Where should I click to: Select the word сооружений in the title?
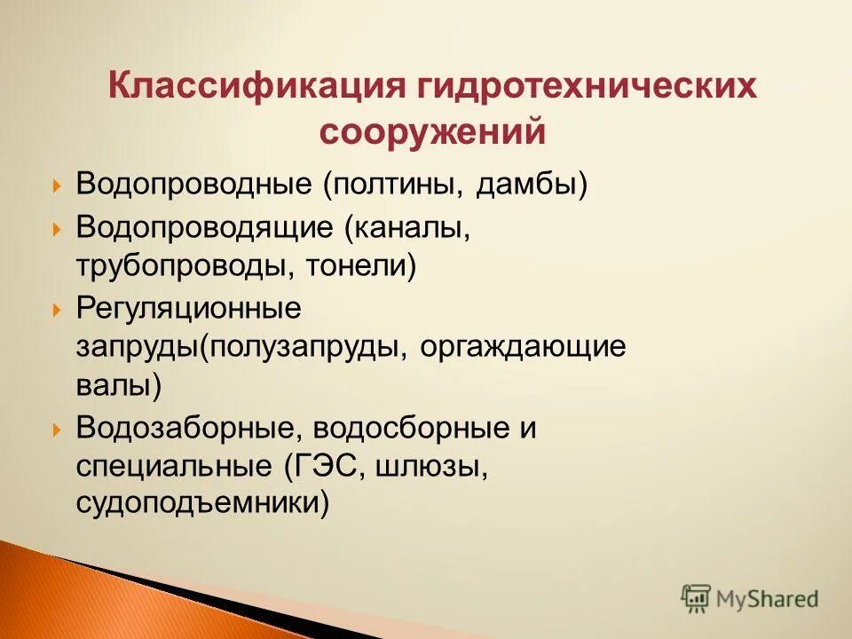pos(431,132)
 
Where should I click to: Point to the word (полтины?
pos(392,185)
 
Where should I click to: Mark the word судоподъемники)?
pos(203,505)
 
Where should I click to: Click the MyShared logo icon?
pos(697,597)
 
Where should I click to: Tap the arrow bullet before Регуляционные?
pos(57,310)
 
